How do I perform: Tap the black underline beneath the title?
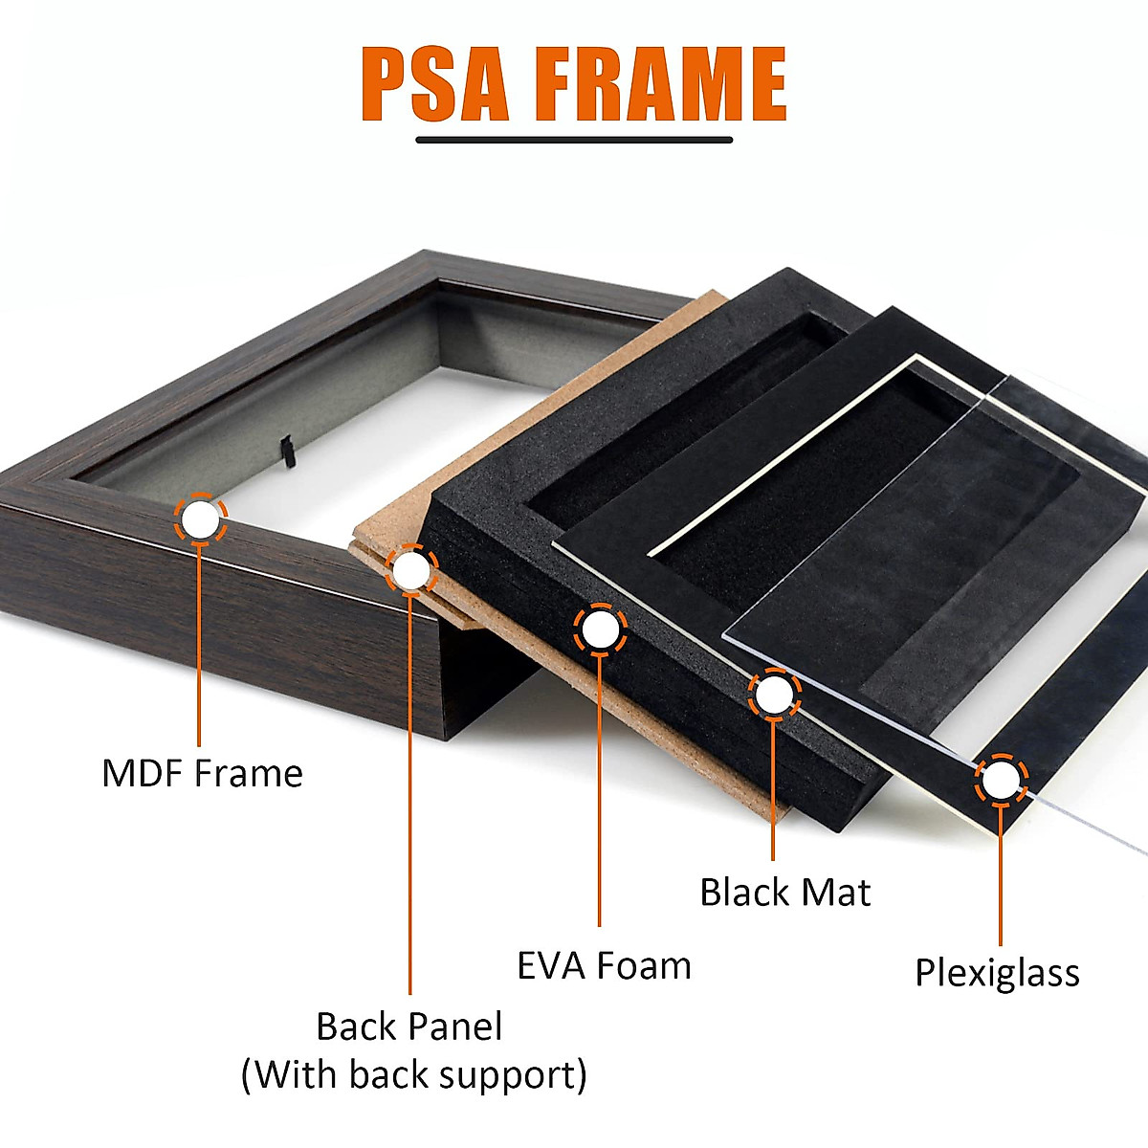coord(574,140)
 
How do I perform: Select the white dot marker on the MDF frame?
coord(200,519)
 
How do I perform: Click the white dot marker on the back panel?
coord(411,571)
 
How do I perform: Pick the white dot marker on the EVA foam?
coord(600,630)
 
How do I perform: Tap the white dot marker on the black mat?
coord(774,695)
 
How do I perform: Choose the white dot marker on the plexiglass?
coord(1001,781)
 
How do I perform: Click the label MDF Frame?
coord(202,773)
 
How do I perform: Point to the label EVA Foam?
coord(604,966)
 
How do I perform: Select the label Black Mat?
coord(784,893)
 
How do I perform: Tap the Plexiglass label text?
coord(997,973)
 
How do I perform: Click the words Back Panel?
coord(408,1027)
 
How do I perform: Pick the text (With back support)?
coord(413,1074)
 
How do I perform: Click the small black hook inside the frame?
coord(284,448)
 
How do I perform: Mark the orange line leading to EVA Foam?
coord(600,794)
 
